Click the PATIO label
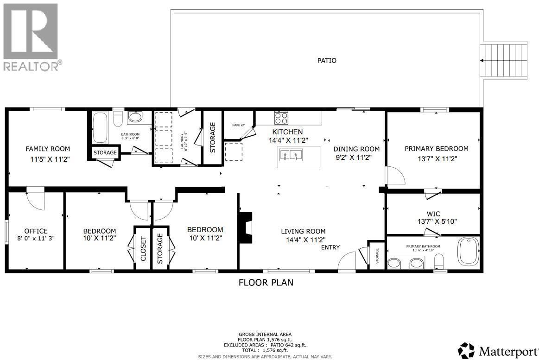coord(327,60)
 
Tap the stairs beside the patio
coord(504,60)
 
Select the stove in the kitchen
coord(281,118)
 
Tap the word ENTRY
coord(331,247)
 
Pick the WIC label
coord(433,214)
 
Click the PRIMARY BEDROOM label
coord(436,149)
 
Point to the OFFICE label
coord(36,231)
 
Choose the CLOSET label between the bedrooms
coord(143,248)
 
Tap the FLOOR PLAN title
coord(266,282)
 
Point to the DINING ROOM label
coord(356,149)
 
